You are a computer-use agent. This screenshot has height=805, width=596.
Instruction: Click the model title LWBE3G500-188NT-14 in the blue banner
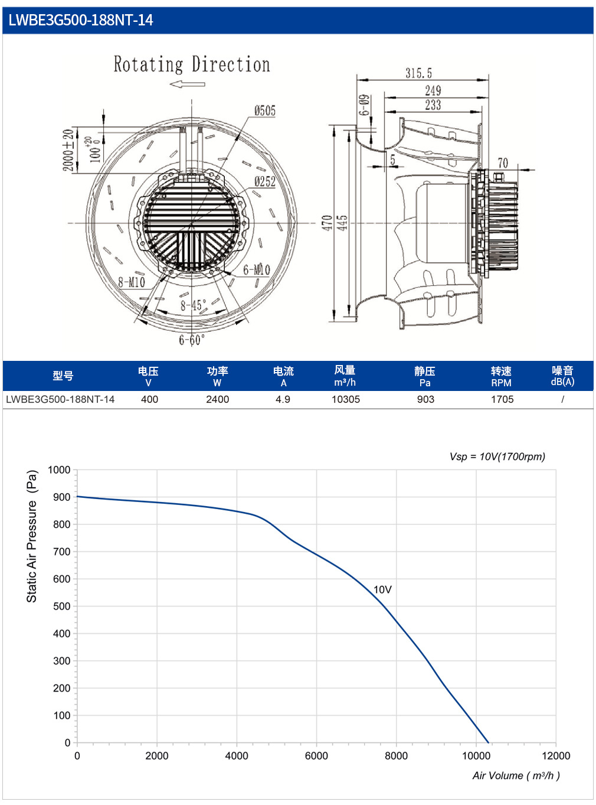click(x=80, y=20)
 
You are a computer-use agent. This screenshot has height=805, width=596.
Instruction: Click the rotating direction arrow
click(x=187, y=84)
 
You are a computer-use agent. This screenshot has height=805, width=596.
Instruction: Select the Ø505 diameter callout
click(x=265, y=110)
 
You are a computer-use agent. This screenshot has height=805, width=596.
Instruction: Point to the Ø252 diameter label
click(x=265, y=181)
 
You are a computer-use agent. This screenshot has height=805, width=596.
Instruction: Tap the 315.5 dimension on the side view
click(x=418, y=73)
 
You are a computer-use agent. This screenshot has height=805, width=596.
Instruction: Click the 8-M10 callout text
click(x=132, y=282)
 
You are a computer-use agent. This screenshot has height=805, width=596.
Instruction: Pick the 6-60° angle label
click(x=192, y=340)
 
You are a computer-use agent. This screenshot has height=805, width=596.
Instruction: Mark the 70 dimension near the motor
click(x=502, y=163)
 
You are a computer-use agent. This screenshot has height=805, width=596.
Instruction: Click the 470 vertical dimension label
click(x=327, y=223)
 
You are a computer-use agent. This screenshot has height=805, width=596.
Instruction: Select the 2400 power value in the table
click(x=217, y=399)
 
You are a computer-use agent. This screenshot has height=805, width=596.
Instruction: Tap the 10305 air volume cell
click(x=346, y=399)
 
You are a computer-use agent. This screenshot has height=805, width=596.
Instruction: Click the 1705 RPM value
click(x=502, y=399)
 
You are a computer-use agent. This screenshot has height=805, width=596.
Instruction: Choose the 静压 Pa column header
click(x=425, y=376)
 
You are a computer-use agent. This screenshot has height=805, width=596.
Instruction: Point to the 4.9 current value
click(x=283, y=399)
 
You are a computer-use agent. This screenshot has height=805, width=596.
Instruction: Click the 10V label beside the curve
click(x=382, y=590)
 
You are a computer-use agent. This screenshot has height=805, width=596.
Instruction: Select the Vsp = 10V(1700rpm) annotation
click(x=497, y=457)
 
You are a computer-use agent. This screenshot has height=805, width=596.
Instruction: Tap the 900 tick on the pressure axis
click(x=62, y=497)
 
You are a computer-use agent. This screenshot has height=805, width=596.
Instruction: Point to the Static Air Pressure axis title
click(x=32, y=536)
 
